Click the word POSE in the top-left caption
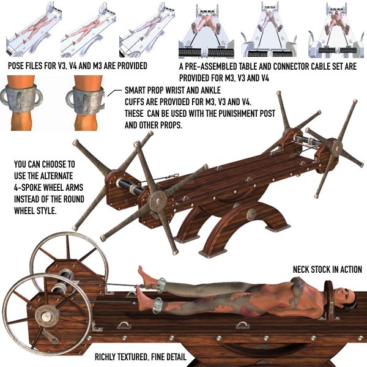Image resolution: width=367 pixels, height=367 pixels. tap(16, 66)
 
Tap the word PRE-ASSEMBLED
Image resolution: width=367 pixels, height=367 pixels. tap(211, 67)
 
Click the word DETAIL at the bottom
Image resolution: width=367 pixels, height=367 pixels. tap(176, 357)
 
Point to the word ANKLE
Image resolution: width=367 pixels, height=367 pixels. tap(211, 90)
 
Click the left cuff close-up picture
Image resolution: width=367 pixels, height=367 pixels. tap(20, 103)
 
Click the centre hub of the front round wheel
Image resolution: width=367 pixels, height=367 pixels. tap(46, 317)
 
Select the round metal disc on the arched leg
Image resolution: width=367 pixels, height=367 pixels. tap(252, 214)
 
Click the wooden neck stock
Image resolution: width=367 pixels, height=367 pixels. tap(329, 300)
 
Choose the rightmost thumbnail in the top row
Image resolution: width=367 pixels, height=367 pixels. tap(336, 29)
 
